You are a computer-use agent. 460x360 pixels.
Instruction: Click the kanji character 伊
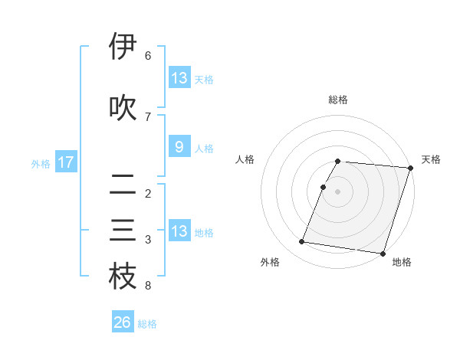pos(123,47)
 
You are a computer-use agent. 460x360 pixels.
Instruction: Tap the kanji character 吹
pos(123,108)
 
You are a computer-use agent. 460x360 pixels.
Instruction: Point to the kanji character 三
pos(123,231)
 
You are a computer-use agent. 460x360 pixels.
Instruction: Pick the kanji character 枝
pos(123,277)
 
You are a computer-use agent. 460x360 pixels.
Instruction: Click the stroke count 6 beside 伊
pos(148,56)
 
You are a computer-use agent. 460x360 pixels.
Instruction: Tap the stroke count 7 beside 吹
pos(148,116)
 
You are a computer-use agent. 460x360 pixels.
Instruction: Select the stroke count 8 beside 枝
pos(148,286)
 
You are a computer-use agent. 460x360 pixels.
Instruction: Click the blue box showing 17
pos(65,162)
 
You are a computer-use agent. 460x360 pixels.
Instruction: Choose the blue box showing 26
pos(122,322)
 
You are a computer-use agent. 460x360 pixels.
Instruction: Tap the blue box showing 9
pos(179,147)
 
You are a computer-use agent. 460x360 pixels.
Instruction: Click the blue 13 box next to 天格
pos(179,78)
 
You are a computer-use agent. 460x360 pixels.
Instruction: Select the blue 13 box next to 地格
pos(179,231)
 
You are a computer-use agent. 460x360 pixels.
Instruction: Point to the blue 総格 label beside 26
pos(147,324)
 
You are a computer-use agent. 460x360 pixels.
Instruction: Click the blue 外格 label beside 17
pos(40,163)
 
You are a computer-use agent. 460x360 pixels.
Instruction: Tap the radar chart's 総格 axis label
pos(338,100)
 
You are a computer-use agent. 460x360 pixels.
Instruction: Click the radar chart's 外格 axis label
pos(270,262)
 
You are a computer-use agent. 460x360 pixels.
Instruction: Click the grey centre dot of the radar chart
pos(337,191)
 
